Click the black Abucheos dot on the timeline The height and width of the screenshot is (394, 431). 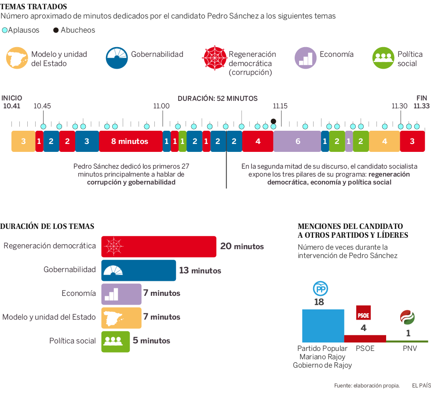(274, 121)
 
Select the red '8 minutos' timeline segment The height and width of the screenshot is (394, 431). (130, 141)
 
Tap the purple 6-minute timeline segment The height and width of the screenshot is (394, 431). (297, 141)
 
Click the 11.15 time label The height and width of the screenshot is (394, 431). (280, 106)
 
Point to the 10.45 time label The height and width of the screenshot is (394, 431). (42, 106)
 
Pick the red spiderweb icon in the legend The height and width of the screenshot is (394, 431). (213, 58)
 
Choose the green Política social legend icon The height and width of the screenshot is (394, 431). (383, 58)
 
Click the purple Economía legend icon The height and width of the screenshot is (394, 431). (306, 58)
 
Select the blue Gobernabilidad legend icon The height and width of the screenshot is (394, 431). (117, 58)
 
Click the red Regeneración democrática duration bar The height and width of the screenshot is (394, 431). (159, 247)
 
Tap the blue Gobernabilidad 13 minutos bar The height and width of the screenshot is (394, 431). (139, 270)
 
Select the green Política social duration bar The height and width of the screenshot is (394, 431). (116, 341)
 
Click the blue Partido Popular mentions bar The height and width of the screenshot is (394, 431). (323, 326)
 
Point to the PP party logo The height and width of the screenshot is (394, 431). (320, 289)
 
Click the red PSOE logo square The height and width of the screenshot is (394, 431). (363, 313)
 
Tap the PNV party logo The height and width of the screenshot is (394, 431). (407, 317)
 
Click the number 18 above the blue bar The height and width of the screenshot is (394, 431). (319, 302)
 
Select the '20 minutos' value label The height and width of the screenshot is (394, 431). (242, 247)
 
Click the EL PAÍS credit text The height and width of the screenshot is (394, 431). (421, 386)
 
